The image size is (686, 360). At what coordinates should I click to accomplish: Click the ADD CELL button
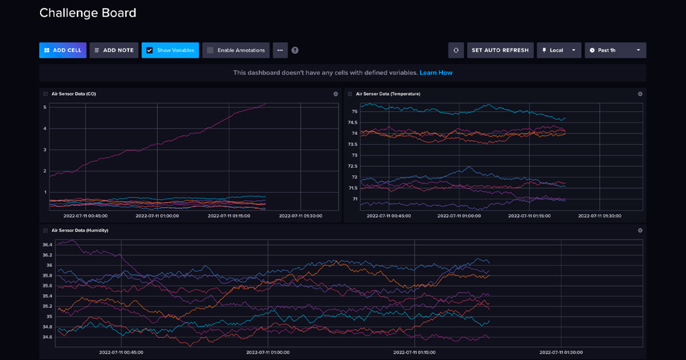point(63,50)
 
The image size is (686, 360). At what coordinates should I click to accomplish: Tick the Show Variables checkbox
point(150,50)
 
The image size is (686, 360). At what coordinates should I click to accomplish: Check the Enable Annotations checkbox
point(210,50)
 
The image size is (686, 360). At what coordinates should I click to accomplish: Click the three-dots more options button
point(280,50)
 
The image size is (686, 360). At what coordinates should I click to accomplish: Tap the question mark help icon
point(295,50)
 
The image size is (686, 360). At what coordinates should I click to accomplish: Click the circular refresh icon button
point(456,50)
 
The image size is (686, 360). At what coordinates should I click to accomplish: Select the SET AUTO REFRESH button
point(500,50)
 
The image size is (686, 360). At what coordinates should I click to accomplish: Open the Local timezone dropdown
point(559,50)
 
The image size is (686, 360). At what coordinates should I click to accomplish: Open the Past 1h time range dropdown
point(615,50)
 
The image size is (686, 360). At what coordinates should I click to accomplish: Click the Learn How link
point(436,73)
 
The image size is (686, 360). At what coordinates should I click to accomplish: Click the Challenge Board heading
point(87,13)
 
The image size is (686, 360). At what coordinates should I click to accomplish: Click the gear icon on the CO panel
point(336,94)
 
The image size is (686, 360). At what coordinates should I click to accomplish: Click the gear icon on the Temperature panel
point(640,94)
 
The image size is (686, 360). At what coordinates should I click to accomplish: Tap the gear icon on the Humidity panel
point(640,230)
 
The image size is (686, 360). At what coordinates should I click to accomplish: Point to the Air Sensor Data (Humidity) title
point(79,230)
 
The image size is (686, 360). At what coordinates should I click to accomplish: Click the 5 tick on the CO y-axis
point(45,107)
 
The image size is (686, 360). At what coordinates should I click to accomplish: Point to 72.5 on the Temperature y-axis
point(353,166)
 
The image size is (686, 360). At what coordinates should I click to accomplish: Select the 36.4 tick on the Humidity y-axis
point(47,245)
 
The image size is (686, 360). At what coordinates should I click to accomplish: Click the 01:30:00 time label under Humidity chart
point(561,353)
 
